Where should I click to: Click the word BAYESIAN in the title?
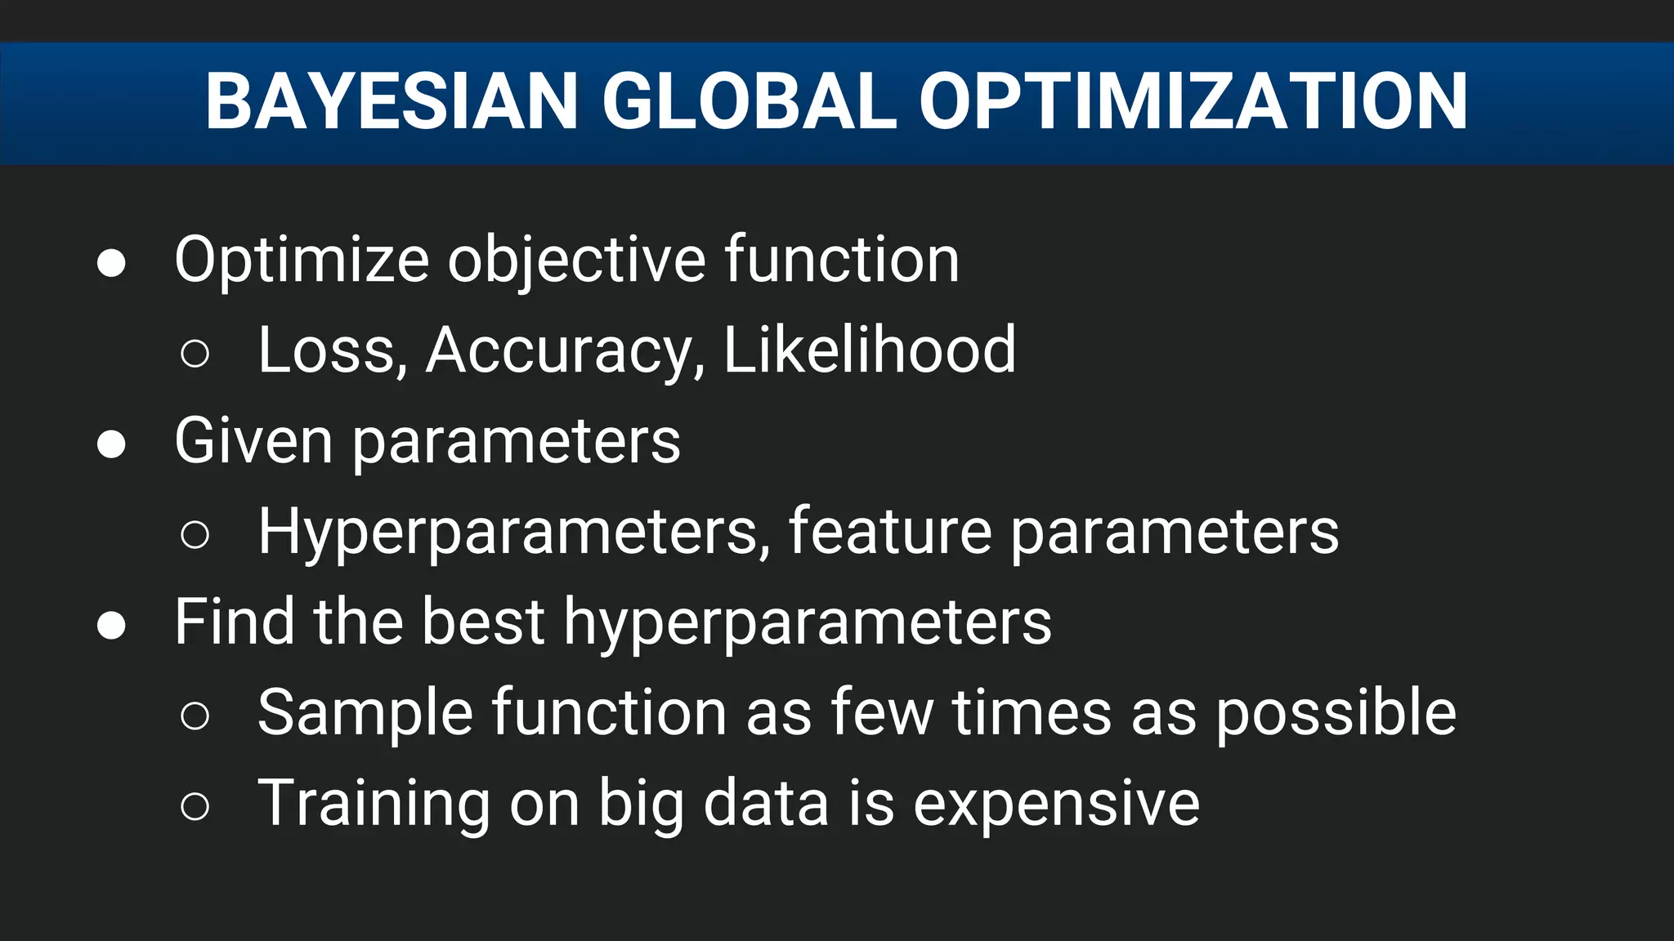392,101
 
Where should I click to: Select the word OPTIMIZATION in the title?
1193,101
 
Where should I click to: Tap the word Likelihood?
870,351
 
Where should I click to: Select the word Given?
253,441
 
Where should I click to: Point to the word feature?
889,533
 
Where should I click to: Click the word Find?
234,622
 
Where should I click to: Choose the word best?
482,622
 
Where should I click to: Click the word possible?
1336,713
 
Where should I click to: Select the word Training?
374,805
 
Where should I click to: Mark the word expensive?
1056,805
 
